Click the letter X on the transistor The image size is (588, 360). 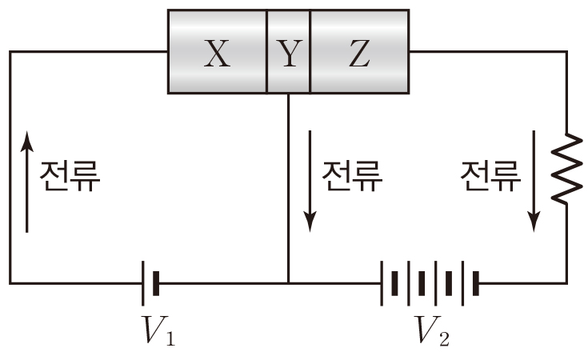click(215, 54)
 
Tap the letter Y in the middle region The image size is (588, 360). click(288, 54)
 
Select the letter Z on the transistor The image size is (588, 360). click(360, 54)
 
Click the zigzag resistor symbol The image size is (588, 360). click(566, 169)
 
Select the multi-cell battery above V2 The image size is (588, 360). click(430, 282)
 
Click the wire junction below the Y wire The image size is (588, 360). click(288, 282)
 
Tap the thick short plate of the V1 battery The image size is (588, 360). click(156, 282)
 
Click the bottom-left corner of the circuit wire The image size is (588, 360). click(10, 282)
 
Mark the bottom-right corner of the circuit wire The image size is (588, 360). click(566, 282)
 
